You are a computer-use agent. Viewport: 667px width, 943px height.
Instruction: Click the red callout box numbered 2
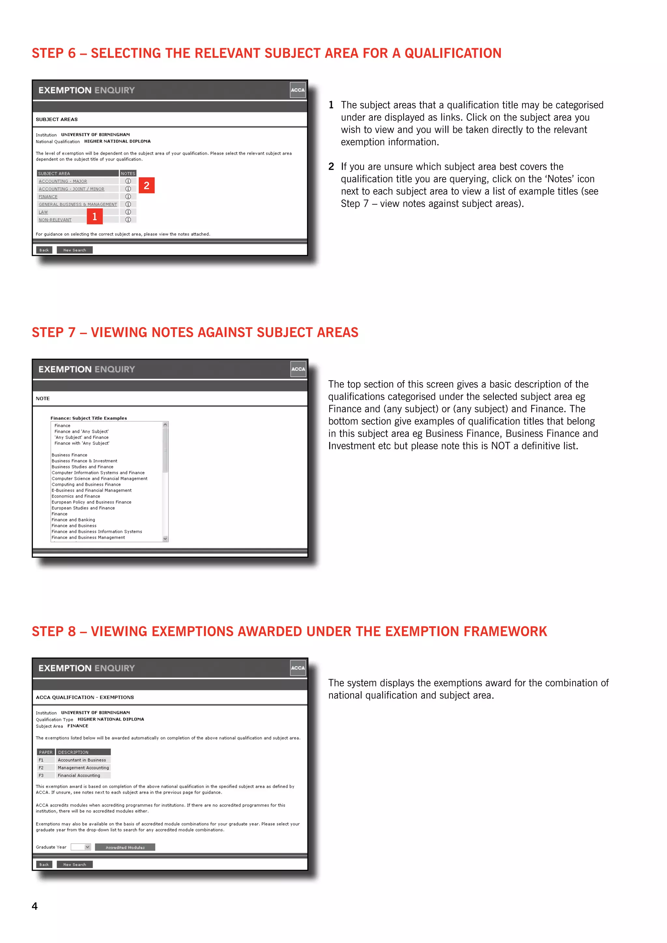click(147, 186)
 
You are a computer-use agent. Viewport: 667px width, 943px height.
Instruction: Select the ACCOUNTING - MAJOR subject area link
click(63, 181)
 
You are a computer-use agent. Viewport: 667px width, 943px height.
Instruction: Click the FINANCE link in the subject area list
click(48, 197)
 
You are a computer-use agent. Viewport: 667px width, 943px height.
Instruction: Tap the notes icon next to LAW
click(128, 212)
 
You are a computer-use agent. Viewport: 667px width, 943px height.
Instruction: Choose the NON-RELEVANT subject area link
click(55, 220)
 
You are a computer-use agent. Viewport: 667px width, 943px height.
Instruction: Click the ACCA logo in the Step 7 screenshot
click(298, 369)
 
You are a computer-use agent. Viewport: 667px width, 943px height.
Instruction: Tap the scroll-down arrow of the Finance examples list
click(165, 539)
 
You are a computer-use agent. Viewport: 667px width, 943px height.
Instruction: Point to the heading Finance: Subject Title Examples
click(89, 418)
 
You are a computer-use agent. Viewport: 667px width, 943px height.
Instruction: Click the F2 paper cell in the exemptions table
click(41, 767)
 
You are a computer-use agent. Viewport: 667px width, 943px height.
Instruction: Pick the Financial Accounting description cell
click(79, 775)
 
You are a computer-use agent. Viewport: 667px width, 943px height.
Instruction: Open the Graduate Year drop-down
click(87, 847)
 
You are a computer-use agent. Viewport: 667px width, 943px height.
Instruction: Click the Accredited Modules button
click(125, 847)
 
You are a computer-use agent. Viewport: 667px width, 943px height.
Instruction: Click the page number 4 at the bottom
click(35, 906)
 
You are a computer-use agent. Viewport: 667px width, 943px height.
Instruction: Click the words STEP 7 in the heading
click(53, 332)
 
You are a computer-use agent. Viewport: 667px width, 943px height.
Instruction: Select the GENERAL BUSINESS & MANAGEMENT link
click(78, 204)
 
